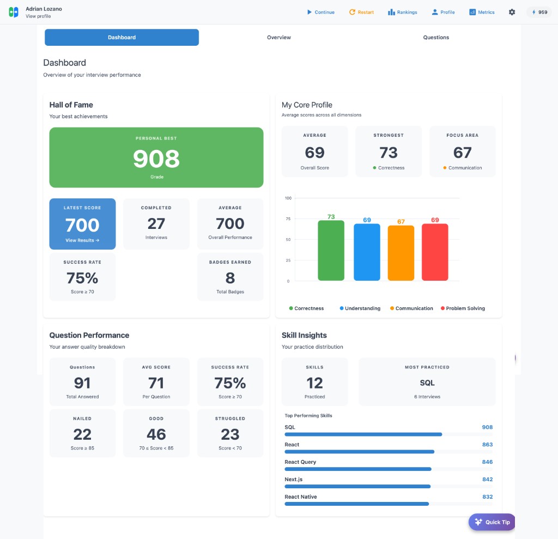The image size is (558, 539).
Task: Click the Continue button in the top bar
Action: (x=320, y=12)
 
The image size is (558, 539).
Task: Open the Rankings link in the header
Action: (x=402, y=12)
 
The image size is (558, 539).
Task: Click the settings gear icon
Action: (x=512, y=12)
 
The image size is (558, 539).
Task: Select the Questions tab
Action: (x=436, y=38)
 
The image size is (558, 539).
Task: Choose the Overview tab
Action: (x=278, y=38)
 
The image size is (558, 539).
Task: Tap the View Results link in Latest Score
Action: (x=82, y=240)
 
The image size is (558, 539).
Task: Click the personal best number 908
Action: (x=156, y=159)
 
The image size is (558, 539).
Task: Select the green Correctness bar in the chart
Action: (x=331, y=251)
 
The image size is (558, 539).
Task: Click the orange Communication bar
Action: (x=401, y=253)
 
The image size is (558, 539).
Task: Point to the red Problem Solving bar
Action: (x=435, y=252)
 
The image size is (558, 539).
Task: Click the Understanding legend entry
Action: (x=360, y=308)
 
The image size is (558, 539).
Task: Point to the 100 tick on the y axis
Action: (x=288, y=198)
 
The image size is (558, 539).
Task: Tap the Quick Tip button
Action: (x=492, y=522)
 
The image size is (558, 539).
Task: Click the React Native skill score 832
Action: (x=487, y=497)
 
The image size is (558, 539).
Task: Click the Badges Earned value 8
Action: (x=230, y=278)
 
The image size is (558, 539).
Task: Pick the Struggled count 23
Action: (x=230, y=434)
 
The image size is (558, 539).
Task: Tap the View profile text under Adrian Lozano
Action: (x=38, y=16)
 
